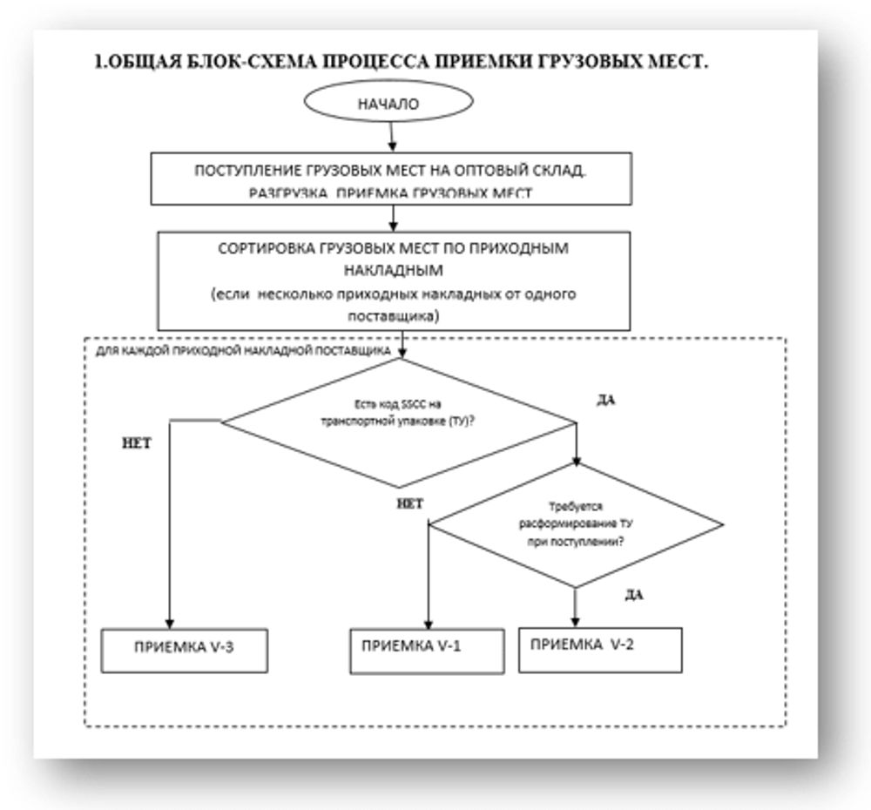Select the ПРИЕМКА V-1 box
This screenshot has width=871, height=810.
424,649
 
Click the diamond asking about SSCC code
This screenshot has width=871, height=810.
399,422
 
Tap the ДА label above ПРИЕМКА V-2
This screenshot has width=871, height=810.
634,596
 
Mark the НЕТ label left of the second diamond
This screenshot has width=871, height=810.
409,503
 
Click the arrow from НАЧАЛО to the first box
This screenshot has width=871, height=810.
392,135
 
